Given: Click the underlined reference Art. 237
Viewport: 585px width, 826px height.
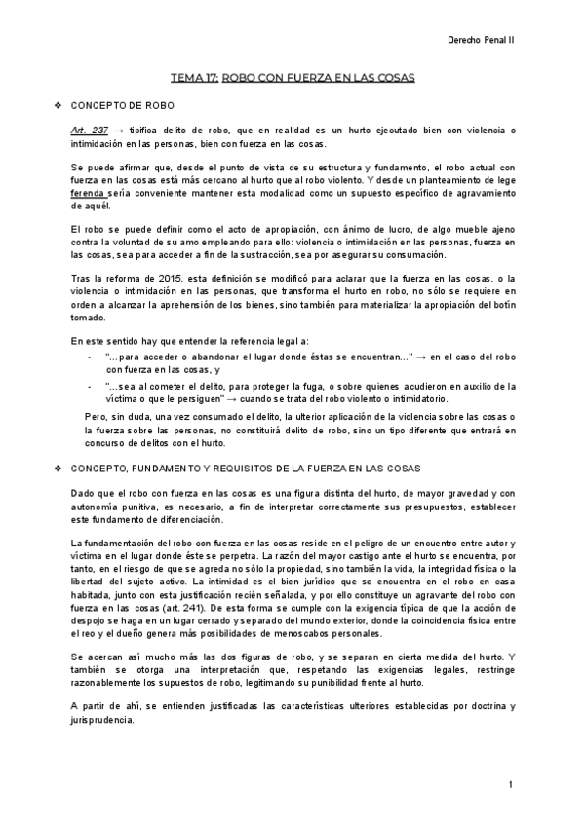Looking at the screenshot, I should (x=87, y=130).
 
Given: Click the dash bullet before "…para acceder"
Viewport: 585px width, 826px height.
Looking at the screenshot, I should (x=90, y=358).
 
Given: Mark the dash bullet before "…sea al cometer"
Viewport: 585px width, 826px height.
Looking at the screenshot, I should (x=90, y=386).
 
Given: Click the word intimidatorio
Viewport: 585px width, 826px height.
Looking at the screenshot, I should (x=416, y=398).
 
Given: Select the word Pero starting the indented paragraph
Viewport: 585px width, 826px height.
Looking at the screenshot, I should (x=96, y=417).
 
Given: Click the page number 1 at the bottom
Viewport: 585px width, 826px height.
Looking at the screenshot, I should (x=510, y=784).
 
